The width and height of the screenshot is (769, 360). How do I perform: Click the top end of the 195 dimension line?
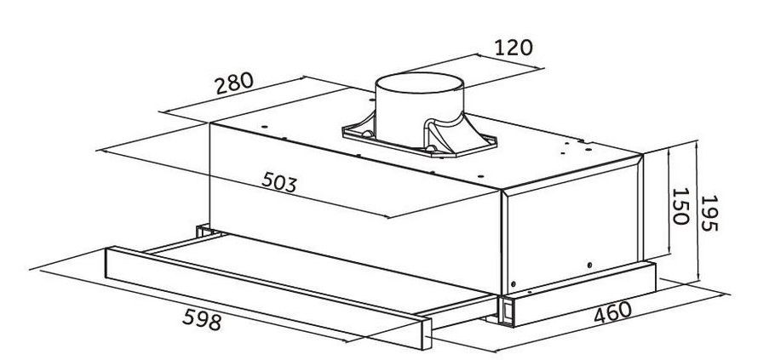(697, 141)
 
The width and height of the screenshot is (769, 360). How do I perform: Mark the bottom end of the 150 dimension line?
(669, 255)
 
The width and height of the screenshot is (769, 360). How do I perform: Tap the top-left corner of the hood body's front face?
(209, 123)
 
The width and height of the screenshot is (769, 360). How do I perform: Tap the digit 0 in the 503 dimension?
(279, 182)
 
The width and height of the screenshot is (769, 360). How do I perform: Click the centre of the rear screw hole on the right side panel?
(589, 265)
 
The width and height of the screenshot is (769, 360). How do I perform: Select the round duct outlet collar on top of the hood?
(419, 110)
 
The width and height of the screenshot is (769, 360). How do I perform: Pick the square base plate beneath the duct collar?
(420, 137)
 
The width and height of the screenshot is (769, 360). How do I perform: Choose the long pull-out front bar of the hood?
(268, 298)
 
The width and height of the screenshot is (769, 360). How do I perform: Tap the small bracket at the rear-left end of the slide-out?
(203, 231)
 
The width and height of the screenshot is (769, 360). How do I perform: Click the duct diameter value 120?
(513, 48)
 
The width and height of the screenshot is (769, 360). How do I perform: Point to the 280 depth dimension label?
(234, 83)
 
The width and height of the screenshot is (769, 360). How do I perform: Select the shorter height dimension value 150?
(680, 206)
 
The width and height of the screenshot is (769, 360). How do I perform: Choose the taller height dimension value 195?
(709, 214)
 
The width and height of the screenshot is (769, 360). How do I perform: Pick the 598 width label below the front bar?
(202, 320)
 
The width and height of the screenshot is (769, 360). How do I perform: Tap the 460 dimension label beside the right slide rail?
(612, 312)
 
